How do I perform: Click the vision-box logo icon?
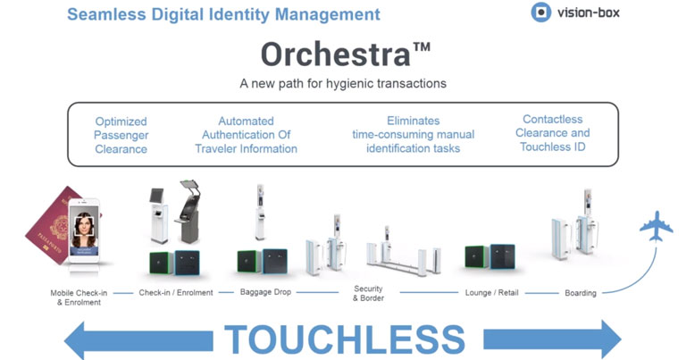pos(540,13)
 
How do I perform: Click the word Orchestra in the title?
pos(335,54)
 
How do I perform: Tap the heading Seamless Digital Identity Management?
pos(223,14)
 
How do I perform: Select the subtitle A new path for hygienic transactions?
pos(343,84)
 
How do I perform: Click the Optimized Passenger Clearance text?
pos(121,135)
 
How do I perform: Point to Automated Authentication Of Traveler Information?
pos(246,135)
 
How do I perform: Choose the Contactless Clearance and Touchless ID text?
pos(553,133)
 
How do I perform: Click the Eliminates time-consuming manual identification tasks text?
pos(413,134)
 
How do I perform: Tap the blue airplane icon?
pos(656,226)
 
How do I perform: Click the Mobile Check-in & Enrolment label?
pos(79,297)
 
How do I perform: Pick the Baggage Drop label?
pos(265,292)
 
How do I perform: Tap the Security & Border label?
pos(368,293)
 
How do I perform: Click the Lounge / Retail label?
pos(492,293)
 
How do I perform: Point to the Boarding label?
pos(581,293)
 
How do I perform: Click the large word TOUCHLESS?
pos(345,339)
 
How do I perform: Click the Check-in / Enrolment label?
pos(176,293)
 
